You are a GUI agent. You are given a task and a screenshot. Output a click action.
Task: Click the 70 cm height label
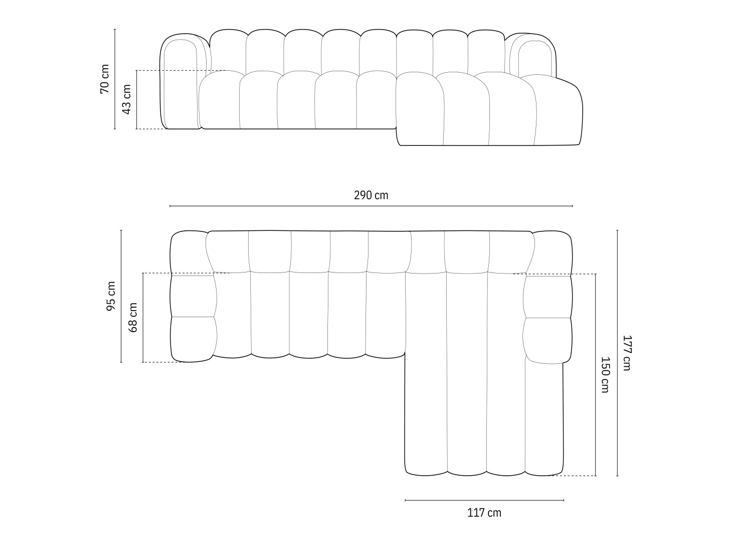(104, 79)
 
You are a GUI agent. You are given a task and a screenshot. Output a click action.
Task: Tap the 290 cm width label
(371, 195)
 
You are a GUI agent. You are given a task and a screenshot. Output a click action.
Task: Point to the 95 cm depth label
(111, 296)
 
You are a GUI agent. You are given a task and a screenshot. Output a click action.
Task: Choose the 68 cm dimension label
(133, 317)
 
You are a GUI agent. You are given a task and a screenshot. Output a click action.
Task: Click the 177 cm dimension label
(626, 353)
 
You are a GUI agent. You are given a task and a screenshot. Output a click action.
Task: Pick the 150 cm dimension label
(605, 374)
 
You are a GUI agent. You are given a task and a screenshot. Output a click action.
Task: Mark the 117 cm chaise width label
(484, 512)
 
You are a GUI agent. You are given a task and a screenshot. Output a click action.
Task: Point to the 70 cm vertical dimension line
(115, 50)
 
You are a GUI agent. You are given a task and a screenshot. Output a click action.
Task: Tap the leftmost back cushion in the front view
(228, 50)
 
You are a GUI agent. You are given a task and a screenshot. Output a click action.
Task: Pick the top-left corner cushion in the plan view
(189, 253)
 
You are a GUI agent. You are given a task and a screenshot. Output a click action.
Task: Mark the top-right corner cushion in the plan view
(552, 253)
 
